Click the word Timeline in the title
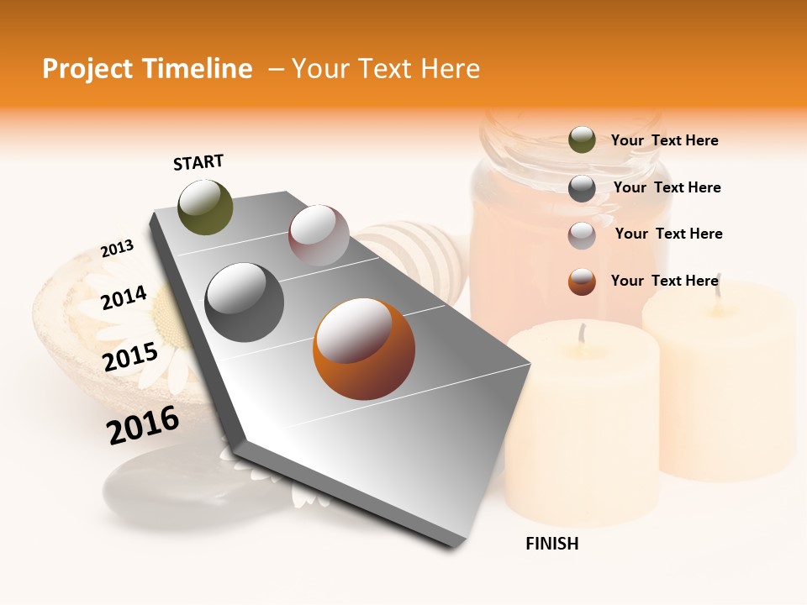(201, 69)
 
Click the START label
(198, 162)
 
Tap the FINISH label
(551, 544)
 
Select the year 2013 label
(117, 249)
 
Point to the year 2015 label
(130, 357)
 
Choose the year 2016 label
(143, 424)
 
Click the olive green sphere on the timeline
(205, 207)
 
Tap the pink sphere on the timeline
(319, 235)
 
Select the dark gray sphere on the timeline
(244, 302)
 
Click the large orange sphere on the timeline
(364, 350)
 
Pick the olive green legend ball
(582, 139)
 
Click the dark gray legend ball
(582, 188)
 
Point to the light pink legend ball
(582, 235)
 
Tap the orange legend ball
(582, 281)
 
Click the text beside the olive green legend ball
(664, 140)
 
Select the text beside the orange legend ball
(664, 281)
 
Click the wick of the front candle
(580, 334)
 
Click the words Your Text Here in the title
(385, 69)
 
